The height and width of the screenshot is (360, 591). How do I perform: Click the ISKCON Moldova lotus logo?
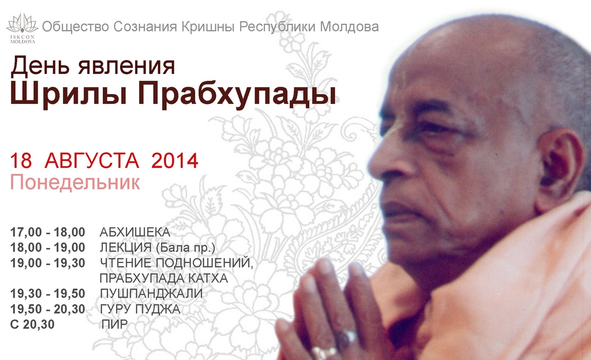23,28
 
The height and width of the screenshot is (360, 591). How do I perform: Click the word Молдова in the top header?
349,27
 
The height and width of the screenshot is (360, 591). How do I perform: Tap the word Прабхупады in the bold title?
236,94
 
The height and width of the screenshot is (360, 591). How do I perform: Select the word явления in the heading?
126,66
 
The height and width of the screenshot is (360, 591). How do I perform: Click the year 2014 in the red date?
174,160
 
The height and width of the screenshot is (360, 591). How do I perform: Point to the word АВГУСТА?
92,161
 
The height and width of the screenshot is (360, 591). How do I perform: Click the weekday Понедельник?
75,182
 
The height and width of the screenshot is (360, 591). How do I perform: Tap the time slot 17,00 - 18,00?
47,232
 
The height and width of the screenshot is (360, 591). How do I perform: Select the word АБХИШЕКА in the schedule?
135,232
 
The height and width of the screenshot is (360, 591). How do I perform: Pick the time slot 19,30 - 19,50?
47,293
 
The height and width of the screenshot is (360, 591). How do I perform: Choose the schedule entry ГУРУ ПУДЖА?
140,309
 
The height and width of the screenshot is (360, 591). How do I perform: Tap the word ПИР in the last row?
115,324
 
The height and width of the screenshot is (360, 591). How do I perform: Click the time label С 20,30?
32,324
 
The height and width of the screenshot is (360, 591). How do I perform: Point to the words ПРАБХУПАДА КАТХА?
164,278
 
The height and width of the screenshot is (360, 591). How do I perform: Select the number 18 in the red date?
21,161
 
